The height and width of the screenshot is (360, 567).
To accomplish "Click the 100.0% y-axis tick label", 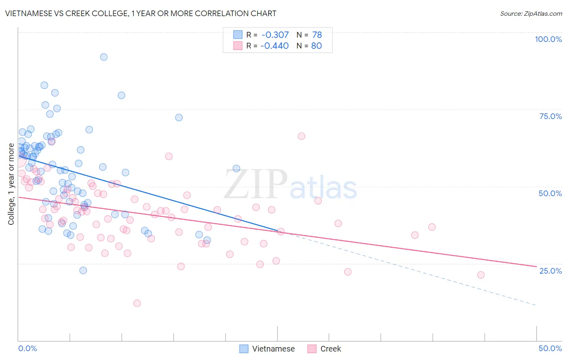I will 548,39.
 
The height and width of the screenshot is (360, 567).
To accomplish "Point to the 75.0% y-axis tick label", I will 550,116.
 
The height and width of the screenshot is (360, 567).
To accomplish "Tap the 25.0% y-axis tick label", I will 550,271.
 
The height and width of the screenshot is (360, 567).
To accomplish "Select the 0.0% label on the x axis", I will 27,348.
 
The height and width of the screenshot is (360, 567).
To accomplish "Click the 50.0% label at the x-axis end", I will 550,348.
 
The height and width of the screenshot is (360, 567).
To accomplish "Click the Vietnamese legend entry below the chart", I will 267,349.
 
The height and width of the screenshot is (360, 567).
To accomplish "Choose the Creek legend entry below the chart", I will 324,349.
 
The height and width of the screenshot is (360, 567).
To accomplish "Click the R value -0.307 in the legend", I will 275,35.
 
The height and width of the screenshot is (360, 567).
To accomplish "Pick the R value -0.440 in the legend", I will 275,46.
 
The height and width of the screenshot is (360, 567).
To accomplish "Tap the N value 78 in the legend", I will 317,35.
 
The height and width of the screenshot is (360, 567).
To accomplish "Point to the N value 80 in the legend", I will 317,46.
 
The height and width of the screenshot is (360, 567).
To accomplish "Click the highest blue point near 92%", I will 104,57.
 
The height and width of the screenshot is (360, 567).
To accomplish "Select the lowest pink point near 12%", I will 137,303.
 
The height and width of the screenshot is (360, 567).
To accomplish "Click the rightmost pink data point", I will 481,275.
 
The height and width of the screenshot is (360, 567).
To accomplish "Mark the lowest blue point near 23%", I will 83,270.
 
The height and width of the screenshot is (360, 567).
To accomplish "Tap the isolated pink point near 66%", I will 301,136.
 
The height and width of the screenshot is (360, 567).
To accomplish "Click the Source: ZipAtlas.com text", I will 531,13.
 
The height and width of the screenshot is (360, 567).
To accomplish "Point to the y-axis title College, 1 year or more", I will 11,184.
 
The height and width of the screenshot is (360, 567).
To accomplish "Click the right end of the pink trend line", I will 536,266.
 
